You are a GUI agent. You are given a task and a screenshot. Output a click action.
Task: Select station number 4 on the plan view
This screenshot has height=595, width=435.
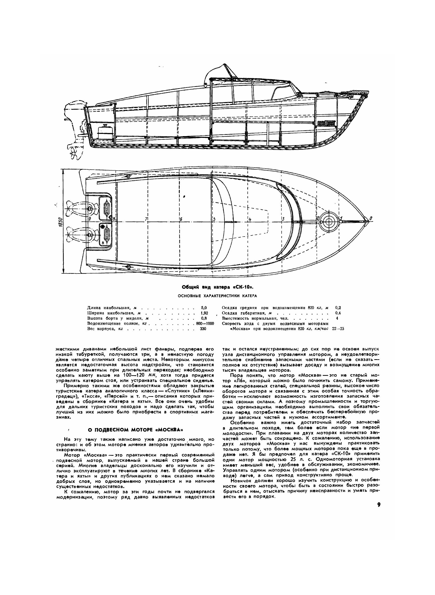point(250,219)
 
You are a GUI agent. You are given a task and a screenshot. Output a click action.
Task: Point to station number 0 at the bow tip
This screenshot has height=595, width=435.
point(371,218)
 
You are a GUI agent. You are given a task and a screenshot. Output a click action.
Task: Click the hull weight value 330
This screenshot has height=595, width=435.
point(203,329)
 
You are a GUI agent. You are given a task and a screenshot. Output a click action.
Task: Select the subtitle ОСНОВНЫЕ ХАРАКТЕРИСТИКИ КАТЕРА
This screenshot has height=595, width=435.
point(217,296)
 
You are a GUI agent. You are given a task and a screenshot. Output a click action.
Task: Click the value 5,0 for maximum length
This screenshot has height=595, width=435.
point(204,308)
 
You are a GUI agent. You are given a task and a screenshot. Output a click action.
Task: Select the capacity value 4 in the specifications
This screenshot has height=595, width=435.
point(337,318)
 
